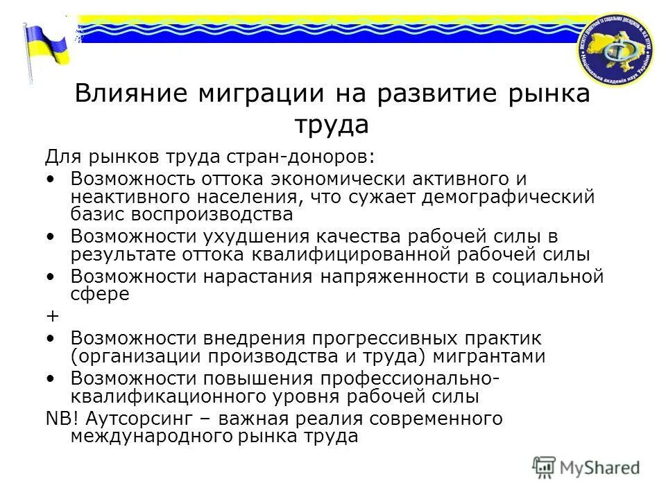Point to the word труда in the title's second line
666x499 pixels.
[332, 125]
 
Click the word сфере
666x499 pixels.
[100, 294]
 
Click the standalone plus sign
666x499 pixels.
[52, 315]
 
